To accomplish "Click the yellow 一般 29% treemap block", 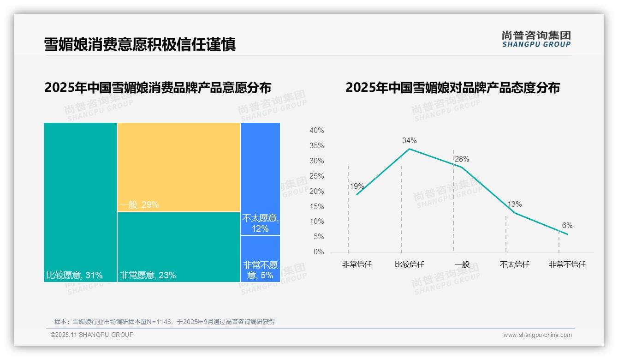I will click(178, 167).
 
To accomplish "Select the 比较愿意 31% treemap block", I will click(80, 202).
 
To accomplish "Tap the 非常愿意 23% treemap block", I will click(178, 247).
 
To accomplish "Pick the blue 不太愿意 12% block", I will click(260, 179).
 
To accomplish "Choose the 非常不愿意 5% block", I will click(260, 259).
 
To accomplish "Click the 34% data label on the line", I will click(409, 140).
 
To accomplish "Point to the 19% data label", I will click(357, 186).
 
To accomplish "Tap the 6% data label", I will click(567, 226).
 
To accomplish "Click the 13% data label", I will click(515, 204).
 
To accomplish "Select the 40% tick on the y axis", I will click(316, 131).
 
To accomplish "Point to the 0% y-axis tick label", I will click(319, 252).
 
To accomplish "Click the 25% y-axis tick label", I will click(316, 176).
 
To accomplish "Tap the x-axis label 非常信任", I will click(357, 264).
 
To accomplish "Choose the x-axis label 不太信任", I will click(515, 264).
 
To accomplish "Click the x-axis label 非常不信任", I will click(567, 264).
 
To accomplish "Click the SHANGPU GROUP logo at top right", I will click(536, 39).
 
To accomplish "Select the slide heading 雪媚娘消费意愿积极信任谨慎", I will click(140, 44).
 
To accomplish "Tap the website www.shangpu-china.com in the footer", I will click(537, 335).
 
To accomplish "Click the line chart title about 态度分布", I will click(452, 88).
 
